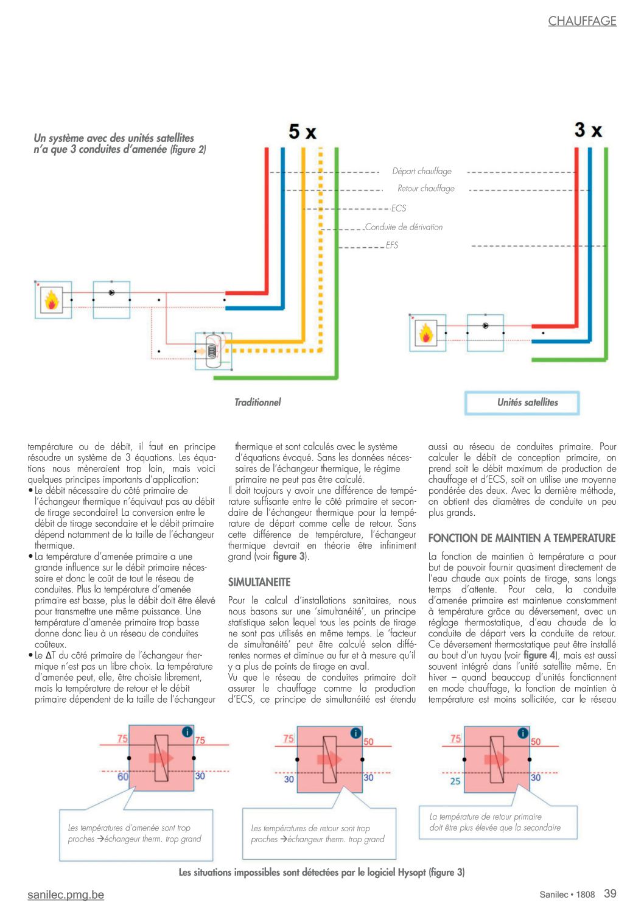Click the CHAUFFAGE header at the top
click(x=582, y=21)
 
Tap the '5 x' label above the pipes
click(x=302, y=132)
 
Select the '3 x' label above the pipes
click(x=588, y=130)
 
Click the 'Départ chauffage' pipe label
click(x=422, y=171)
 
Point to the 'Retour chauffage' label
click(x=425, y=188)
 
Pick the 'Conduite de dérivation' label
click(x=404, y=227)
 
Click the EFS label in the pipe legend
click(x=392, y=245)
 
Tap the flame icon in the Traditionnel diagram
click(x=51, y=300)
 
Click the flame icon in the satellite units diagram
click(x=425, y=333)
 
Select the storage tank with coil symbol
click(x=212, y=351)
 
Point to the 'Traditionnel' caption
click(x=257, y=403)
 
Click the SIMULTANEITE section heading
click(x=259, y=582)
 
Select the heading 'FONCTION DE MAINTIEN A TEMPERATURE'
click(x=522, y=538)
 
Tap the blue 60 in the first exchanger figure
click(x=123, y=776)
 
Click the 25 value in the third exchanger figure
click(x=455, y=781)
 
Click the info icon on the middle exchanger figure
click(x=355, y=733)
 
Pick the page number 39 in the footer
click(x=610, y=893)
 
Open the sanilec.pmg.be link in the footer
click(x=66, y=895)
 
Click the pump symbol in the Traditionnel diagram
click(x=111, y=292)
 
